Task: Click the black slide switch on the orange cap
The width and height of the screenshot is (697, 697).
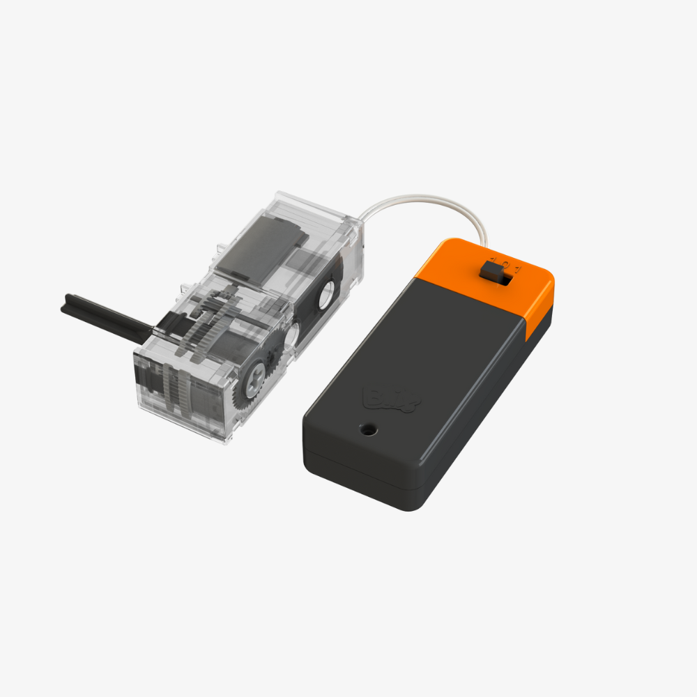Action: click(491, 271)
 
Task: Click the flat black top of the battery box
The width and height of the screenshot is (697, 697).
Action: click(418, 362)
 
